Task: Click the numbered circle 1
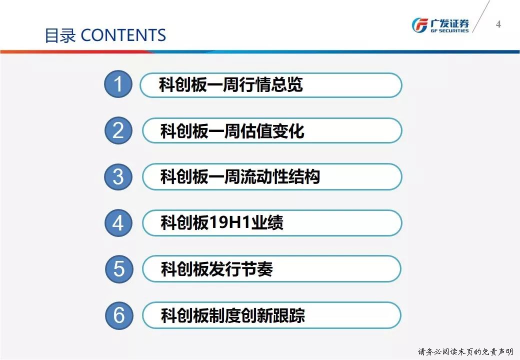(118, 84)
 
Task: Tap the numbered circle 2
(118, 130)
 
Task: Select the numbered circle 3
(118, 176)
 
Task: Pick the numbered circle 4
(118, 223)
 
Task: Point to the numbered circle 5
(119, 269)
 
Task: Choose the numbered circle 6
(119, 315)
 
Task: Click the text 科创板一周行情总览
(231, 84)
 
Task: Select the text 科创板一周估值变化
(232, 130)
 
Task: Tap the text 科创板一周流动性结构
(240, 176)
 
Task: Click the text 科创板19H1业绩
(222, 222)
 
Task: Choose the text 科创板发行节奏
(217, 269)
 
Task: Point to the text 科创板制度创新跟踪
(233, 315)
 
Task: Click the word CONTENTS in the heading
(123, 35)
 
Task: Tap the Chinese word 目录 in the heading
(60, 35)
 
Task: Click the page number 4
(498, 24)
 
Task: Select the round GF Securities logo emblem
(419, 25)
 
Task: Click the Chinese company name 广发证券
(449, 23)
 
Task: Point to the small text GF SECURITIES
(449, 31)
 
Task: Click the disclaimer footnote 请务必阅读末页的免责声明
(465, 351)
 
